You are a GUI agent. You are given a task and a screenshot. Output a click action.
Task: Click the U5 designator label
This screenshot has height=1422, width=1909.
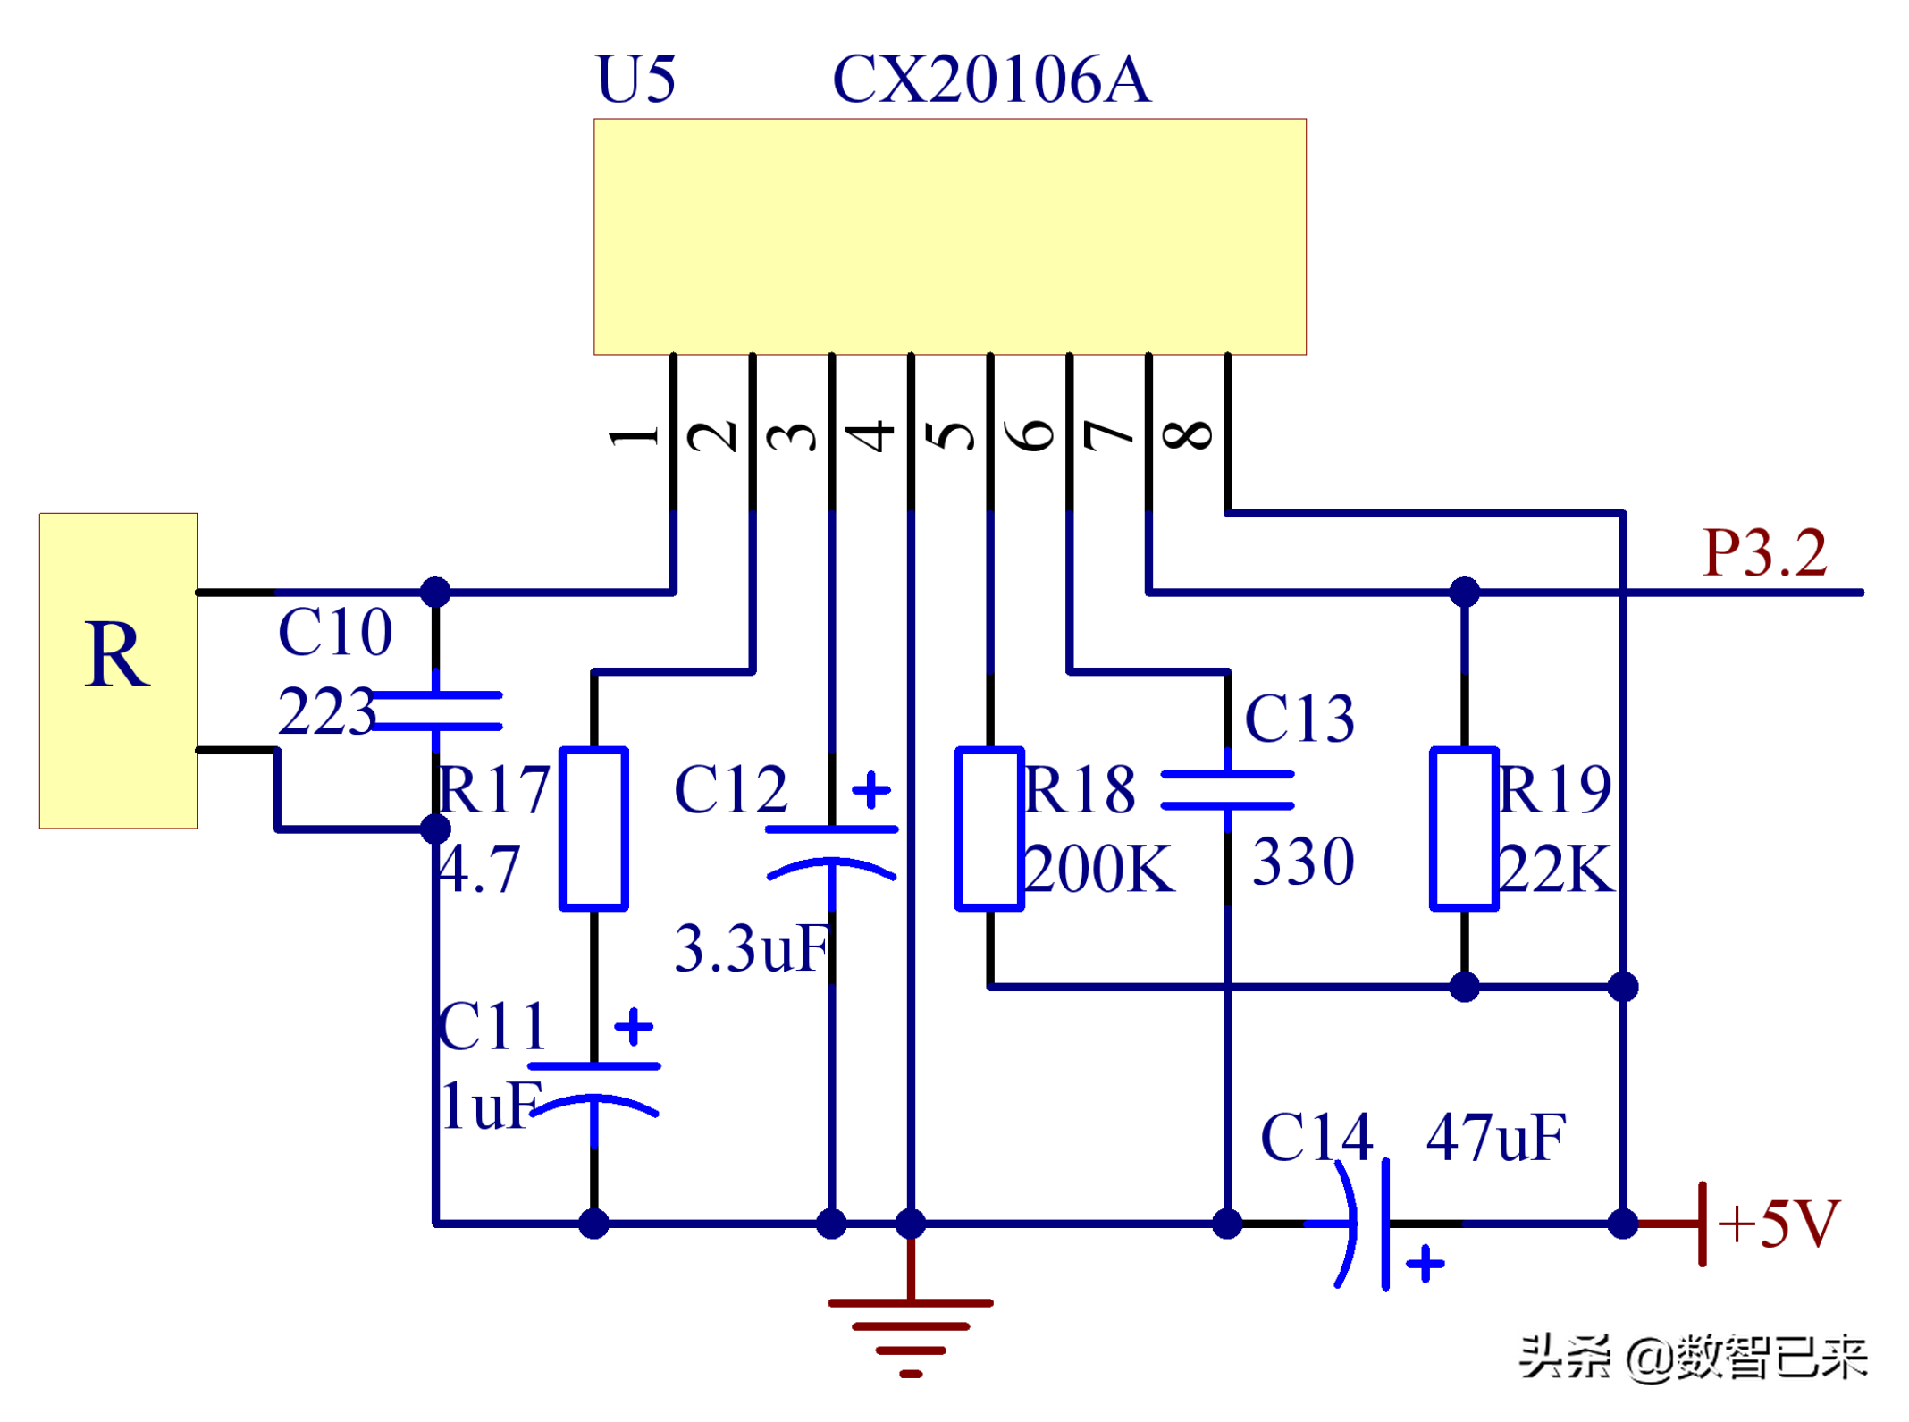pyautogui.click(x=635, y=80)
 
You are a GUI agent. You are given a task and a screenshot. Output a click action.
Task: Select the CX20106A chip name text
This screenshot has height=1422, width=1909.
pyautogui.click(x=991, y=80)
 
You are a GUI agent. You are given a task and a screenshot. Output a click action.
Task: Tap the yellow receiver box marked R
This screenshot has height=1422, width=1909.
pyautogui.click(x=118, y=670)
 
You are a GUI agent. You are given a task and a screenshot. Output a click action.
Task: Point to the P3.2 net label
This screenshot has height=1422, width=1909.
pyautogui.click(x=1764, y=553)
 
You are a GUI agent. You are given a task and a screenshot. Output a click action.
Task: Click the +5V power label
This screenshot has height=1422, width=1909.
pyautogui.click(x=1779, y=1224)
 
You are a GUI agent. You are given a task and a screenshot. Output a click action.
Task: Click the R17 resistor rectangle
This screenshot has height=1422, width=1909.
pyautogui.click(x=594, y=829)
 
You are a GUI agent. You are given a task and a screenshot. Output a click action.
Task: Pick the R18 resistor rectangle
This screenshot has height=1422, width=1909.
pyautogui.click(x=989, y=829)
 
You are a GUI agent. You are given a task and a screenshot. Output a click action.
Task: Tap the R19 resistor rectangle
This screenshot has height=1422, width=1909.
pyautogui.click(x=1464, y=829)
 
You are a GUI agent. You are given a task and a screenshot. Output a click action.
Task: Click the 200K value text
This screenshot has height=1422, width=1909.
pyautogui.click(x=1098, y=869)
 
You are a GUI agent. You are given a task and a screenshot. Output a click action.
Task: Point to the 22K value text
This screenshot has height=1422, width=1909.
pyautogui.click(x=1558, y=869)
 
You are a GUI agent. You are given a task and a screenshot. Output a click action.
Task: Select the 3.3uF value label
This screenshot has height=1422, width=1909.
pyautogui.click(x=753, y=948)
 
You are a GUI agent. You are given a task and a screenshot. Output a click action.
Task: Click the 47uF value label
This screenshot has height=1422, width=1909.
pyautogui.click(x=1495, y=1138)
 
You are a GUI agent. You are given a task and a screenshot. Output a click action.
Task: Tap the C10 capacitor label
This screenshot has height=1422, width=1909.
pyautogui.click(x=335, y=633)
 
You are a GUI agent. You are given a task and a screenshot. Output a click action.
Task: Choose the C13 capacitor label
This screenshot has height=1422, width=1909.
pyautogui.click(x=1299, y=719)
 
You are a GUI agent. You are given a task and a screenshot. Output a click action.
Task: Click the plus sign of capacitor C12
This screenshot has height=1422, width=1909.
pyautogui.click(x=871, y=790)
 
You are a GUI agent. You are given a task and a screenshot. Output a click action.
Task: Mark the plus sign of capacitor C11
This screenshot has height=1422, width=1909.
pyautogui.click(x=634, y=1027)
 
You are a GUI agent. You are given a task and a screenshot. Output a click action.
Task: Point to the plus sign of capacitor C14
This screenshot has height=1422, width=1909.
pyautogui.click(x=1425, y=1264)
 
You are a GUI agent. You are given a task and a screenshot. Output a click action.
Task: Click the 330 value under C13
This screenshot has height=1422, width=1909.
pyautogui.click(x=1303, y=862)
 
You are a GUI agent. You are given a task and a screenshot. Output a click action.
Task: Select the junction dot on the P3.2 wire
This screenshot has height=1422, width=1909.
pyautogui.click(x=1464, y=592)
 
